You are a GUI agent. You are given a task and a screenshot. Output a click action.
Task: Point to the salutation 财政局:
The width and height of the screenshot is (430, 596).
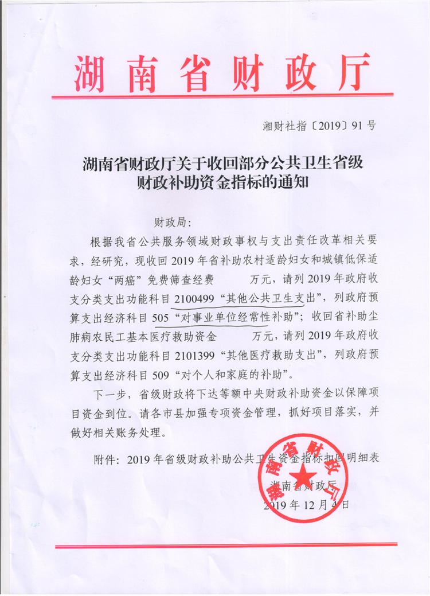[x=176, y=221]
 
